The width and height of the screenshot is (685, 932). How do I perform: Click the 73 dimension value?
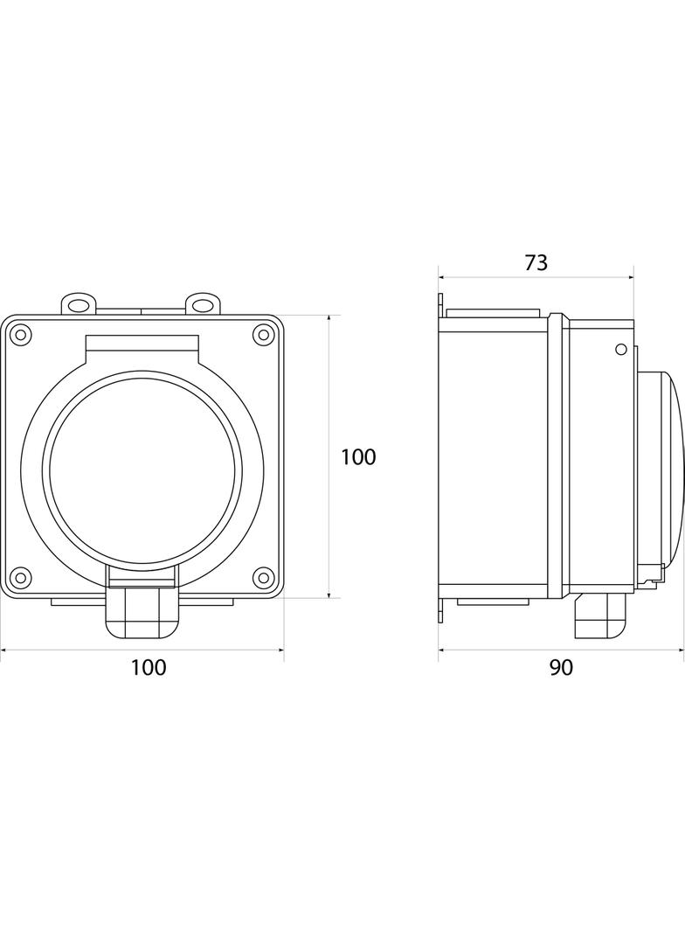click(x=536, y=262)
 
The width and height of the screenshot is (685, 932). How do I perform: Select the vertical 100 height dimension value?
click(x=358, y=456)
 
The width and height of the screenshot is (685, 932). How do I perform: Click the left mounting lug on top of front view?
click(x=80, y=303)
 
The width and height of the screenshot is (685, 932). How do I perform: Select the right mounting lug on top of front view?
click(x=203, y=303)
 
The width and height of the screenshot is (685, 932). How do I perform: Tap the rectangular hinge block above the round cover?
click(x=142, y=348)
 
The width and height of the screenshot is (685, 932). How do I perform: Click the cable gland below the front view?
click(x=142, y=613)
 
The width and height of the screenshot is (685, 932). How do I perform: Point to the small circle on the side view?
click(x=620, y=350)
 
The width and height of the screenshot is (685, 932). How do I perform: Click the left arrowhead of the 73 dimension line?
click(x=441, y=277)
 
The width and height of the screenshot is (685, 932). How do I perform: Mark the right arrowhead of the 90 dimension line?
click(x=682, y=650)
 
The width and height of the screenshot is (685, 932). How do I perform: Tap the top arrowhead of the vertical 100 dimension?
click(x=329, y=318)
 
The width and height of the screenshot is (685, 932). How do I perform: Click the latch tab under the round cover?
click(x=142, y=575)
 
